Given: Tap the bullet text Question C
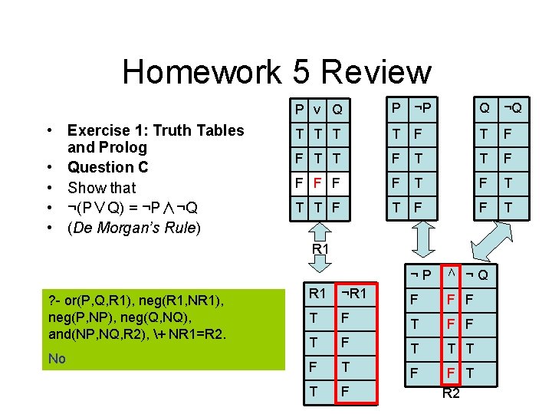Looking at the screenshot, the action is pyautogui.click(x=107, y=167).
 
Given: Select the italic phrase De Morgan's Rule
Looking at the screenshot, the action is pyautogui.click(x=133, y=228).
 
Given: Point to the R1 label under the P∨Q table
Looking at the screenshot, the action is pyautogui.click(x=320, y=250).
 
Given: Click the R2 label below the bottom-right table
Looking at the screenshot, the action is pyautogui.click(x=452, y=393).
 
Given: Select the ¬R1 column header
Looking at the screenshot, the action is pyautogui.click(x=353, y=293).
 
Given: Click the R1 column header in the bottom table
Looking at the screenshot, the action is pyautogui.click(x=317, y=293).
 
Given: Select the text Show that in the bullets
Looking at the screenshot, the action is pyautogui.click(x=101, y=187).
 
